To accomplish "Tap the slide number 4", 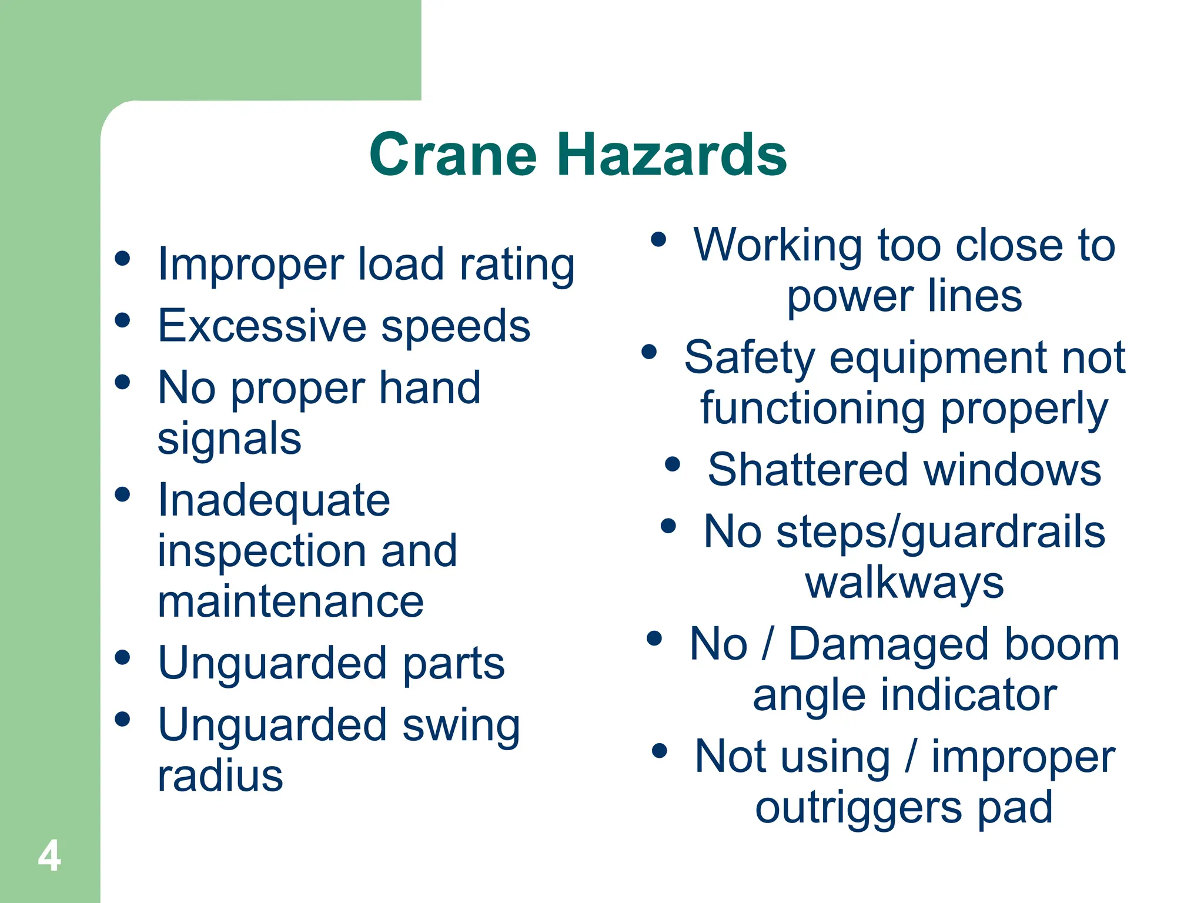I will [x=49, y=856].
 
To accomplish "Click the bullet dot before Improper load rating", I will [x=122, y=259].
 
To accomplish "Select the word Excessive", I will [x=262, y=326].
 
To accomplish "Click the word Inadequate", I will [x=274, y=501].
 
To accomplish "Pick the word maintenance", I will [x=290, y=602].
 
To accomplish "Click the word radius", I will [x=220, y=776].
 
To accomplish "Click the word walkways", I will [x=904, y=584].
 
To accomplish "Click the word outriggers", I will [x=858, y=808].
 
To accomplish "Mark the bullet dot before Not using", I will [x=660, y=751].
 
